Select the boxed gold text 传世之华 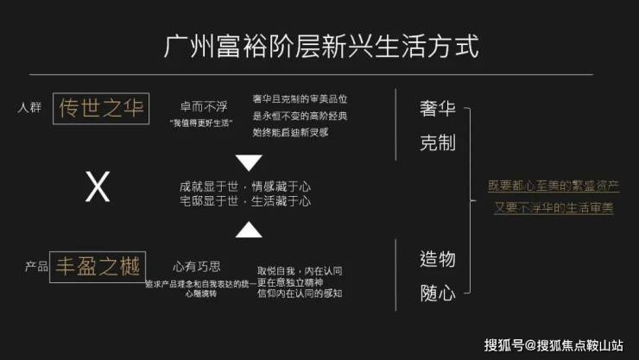pos(100,109)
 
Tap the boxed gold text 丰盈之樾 pos(98,266)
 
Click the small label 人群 pos(29,109)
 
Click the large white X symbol pos(98,187)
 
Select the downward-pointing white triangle pos(249,162)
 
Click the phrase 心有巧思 pos(197,266)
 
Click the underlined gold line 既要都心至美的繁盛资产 pos(554,186)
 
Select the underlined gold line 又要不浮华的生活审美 pos(554,208)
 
